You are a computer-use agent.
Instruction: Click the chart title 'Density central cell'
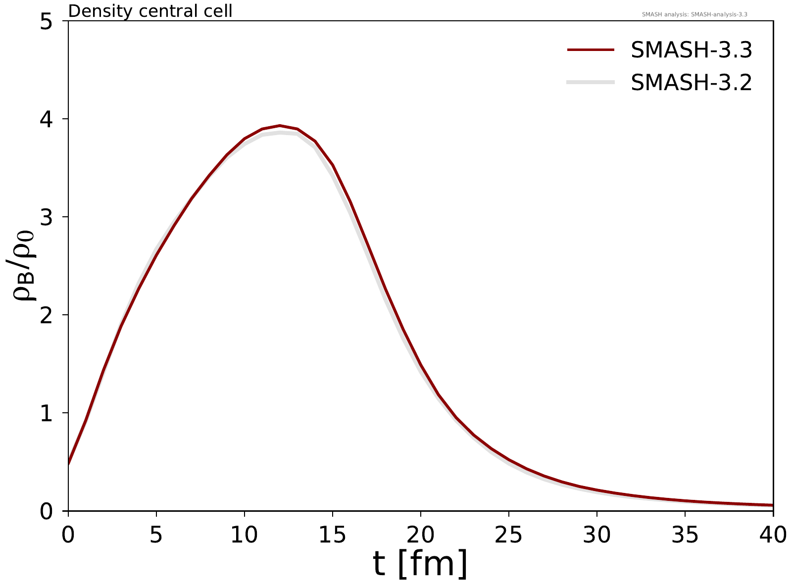coord(150,11)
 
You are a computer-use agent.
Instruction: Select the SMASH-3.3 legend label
coord(692,50)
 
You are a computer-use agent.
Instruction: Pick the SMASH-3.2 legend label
coord(692,82)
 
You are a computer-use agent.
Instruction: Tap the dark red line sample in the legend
coord(591,50)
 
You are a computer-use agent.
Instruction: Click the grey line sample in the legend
coord(591,82)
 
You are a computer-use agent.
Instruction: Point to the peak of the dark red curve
coord(280,126)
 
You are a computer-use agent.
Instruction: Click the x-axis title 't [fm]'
coord(420,564)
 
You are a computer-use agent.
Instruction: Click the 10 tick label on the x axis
coord(244,535)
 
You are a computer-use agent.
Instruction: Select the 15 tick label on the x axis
coord(332,535)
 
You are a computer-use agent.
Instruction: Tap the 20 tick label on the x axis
coord(420,535)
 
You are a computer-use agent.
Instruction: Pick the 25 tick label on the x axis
coord(508,535)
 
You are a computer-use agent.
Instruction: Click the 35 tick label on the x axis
coord(685,535)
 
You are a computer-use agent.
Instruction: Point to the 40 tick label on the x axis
coord(772,535)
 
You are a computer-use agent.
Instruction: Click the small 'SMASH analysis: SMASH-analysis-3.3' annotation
coord(694,14)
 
